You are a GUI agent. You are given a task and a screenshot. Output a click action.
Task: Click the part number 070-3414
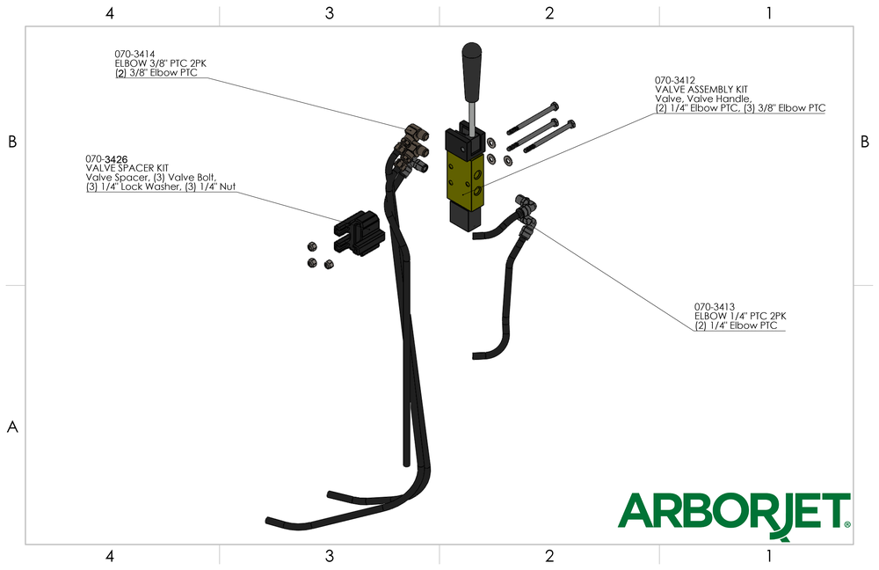coord(135,54)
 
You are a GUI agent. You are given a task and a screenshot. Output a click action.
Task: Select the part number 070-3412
coord(675,79)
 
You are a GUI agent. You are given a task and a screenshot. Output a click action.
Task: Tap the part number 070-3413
coord(715,306)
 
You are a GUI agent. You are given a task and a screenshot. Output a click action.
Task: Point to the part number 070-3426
coord(106,159)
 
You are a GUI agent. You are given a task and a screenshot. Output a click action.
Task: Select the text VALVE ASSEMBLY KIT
coord(701,89)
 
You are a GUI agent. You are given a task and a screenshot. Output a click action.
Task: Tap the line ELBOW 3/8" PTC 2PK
coord(161,63)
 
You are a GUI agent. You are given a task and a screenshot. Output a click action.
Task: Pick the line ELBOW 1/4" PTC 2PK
coord(740,316)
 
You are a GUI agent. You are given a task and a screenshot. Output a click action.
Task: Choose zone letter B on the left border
coord(12,142)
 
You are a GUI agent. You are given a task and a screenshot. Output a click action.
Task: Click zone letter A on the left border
coord(12,427)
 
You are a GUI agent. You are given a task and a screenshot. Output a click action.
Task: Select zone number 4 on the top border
coord(109,13)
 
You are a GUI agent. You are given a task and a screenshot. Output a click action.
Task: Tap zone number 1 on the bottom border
coord(769,556)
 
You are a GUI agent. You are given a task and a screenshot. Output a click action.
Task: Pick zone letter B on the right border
coord(865,142)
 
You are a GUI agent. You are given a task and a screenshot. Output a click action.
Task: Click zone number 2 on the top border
coord(549,13)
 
